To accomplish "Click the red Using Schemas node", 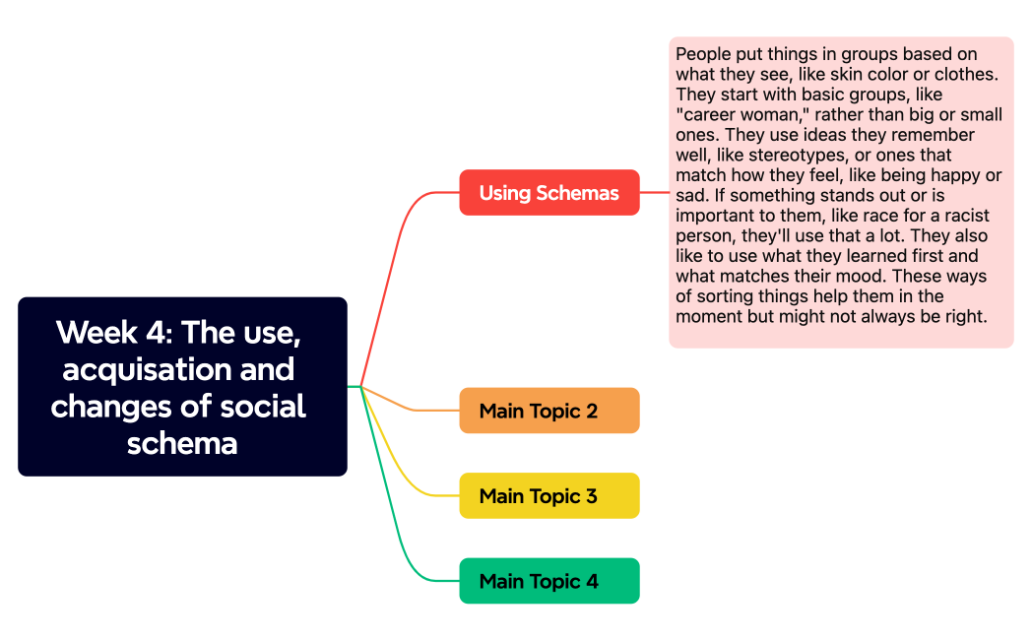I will pos(548,192).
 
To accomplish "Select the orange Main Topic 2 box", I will pos(548,411).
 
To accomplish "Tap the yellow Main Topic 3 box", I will pos(548,495).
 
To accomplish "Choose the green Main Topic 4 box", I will pos(548,581).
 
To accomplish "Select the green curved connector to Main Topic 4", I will pos(394,512).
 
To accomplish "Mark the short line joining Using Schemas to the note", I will pos(654,192).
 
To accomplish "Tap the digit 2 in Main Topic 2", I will pos(592,411).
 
